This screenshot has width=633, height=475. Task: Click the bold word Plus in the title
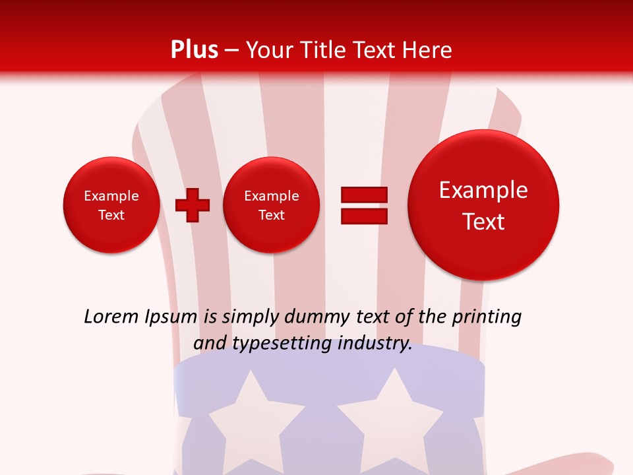coord(194,50)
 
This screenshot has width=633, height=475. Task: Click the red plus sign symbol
coord(193,205)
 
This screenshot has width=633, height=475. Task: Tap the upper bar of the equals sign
coord(364,195)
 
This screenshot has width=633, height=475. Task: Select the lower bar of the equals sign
coord(364,216)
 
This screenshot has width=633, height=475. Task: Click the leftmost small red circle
coord(111,205)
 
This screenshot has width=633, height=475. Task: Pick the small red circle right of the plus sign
coord(272,205)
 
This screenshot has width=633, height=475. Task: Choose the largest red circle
coord(483,205)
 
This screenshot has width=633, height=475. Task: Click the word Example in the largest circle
coord(483,190)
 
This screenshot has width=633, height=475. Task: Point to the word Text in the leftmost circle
coord(111,215)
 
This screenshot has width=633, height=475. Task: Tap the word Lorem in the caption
coord(111,317)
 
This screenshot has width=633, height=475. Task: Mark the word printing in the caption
coord(486,317)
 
